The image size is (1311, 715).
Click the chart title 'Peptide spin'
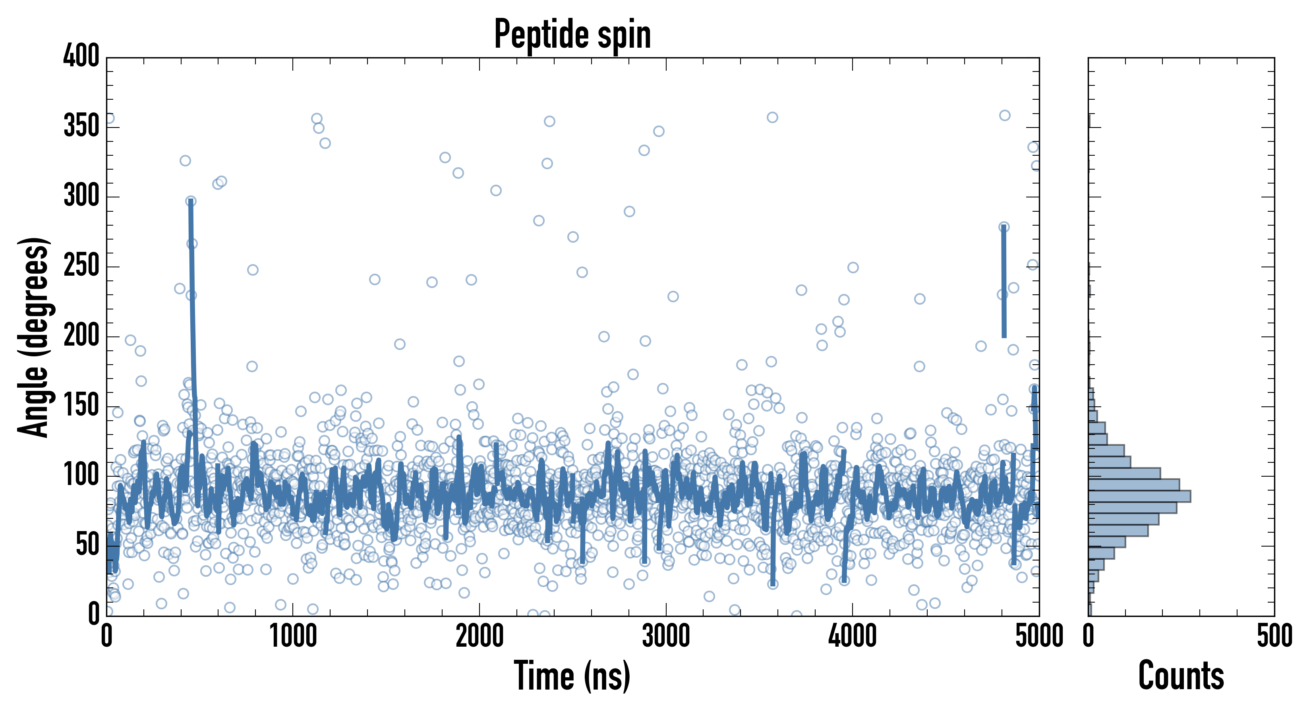572,35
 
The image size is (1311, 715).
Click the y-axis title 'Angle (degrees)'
34,337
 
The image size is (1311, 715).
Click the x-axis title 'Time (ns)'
572,676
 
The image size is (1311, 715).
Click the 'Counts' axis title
1181,676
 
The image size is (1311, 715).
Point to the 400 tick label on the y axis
81,56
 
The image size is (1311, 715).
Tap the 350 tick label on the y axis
81,126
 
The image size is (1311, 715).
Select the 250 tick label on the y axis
81,266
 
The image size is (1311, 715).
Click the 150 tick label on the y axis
81,406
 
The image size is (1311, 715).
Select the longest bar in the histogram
1139,496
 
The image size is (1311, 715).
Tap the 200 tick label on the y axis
81,336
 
